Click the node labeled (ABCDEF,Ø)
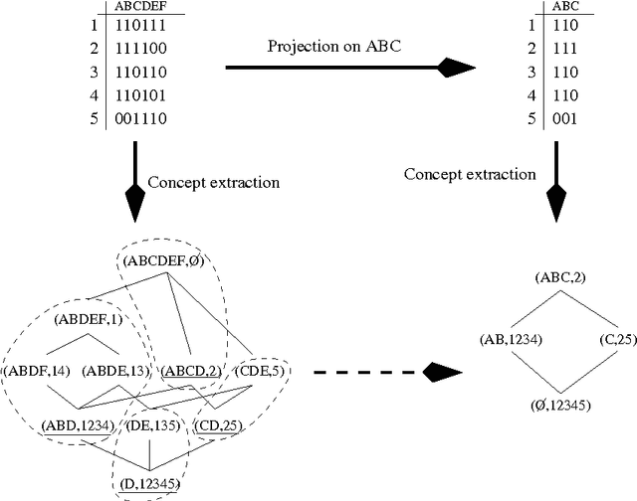coord(164,261)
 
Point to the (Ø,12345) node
coord(561,405)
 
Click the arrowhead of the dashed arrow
coord(442,373)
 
